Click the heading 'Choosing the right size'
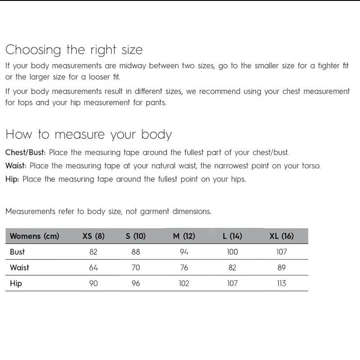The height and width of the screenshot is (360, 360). coord(74,49)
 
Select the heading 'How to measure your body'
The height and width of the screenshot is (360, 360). coord(89,135)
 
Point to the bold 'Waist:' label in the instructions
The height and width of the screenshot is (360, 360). coord(16,166)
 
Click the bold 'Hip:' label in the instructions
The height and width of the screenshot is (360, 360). coord(13,179)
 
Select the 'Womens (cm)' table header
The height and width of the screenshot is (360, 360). coord(34,236)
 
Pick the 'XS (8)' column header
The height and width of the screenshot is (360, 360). coord(94,236)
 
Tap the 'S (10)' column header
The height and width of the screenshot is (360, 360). coord(135,236)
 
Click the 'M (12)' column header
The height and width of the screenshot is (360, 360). coord(184,236)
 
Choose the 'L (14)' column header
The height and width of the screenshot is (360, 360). coord(232,236)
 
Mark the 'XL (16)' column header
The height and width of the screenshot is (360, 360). coord(281,236)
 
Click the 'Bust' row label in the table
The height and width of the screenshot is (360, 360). coord(18,252)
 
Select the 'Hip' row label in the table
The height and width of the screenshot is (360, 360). coord(16,283)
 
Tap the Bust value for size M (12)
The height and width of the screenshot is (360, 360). coord(184,252)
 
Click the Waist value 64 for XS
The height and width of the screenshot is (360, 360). coord(94,268)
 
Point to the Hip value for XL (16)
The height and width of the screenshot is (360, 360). coord(281,283)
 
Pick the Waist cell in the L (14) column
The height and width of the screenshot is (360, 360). coord(232,268)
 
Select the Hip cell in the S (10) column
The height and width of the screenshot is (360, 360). coord(135,283)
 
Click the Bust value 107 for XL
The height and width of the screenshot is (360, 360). coord(281,252)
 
